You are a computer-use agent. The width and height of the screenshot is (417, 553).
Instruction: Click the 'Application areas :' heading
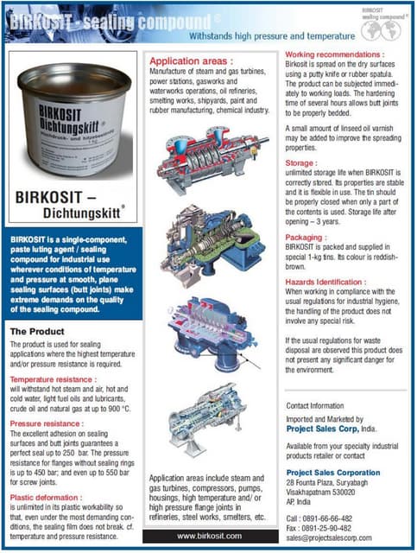pyautogui.click(x=192, y=62)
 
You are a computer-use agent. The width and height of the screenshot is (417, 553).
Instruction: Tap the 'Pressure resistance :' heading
pyautogui.click(x=47, y=425)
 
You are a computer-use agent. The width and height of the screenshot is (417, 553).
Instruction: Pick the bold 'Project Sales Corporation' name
pyautogui.click(x=332, y=473)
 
